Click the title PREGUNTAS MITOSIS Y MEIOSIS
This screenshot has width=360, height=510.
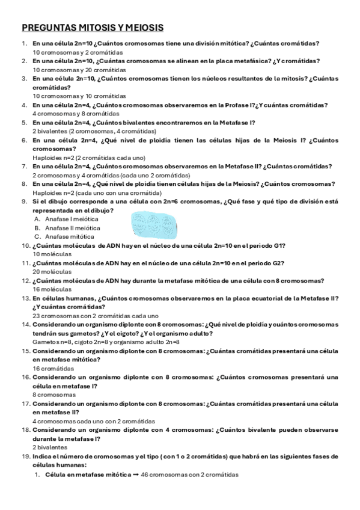click(x=93, y=28)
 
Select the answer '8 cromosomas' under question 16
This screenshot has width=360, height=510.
click(x=52, y=395)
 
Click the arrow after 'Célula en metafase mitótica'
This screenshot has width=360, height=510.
click(x=136, y=475)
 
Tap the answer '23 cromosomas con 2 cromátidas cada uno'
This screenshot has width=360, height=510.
click(x=95, y=315)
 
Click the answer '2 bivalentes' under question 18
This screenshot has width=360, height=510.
click(x=50, y=447)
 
